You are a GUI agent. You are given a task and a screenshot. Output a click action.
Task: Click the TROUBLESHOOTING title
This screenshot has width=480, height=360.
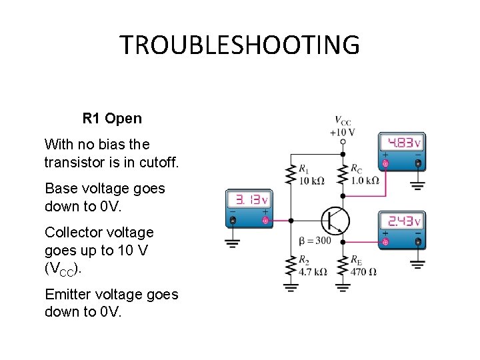(x=239, y=45)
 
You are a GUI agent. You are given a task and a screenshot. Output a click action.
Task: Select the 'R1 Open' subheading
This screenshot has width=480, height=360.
(x=112, y=119)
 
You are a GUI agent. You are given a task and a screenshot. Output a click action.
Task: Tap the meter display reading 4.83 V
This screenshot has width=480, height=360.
(x=401, y=143)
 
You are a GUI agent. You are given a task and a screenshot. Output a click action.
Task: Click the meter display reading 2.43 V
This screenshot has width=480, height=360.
(x=401, y=221)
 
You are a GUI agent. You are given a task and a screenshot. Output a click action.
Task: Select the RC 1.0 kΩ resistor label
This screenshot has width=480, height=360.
(x=365, y=175)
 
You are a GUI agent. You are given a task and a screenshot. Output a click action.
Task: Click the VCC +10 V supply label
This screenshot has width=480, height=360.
(x=342, y=126)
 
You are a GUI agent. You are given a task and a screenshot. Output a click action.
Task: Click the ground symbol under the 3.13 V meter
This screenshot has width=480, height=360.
(x=232, y=243)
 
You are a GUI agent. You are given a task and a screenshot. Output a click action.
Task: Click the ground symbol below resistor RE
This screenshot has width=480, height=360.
(x=343, y=288)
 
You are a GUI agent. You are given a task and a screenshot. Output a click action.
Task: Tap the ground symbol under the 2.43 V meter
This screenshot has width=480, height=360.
(x=418, y=264)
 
